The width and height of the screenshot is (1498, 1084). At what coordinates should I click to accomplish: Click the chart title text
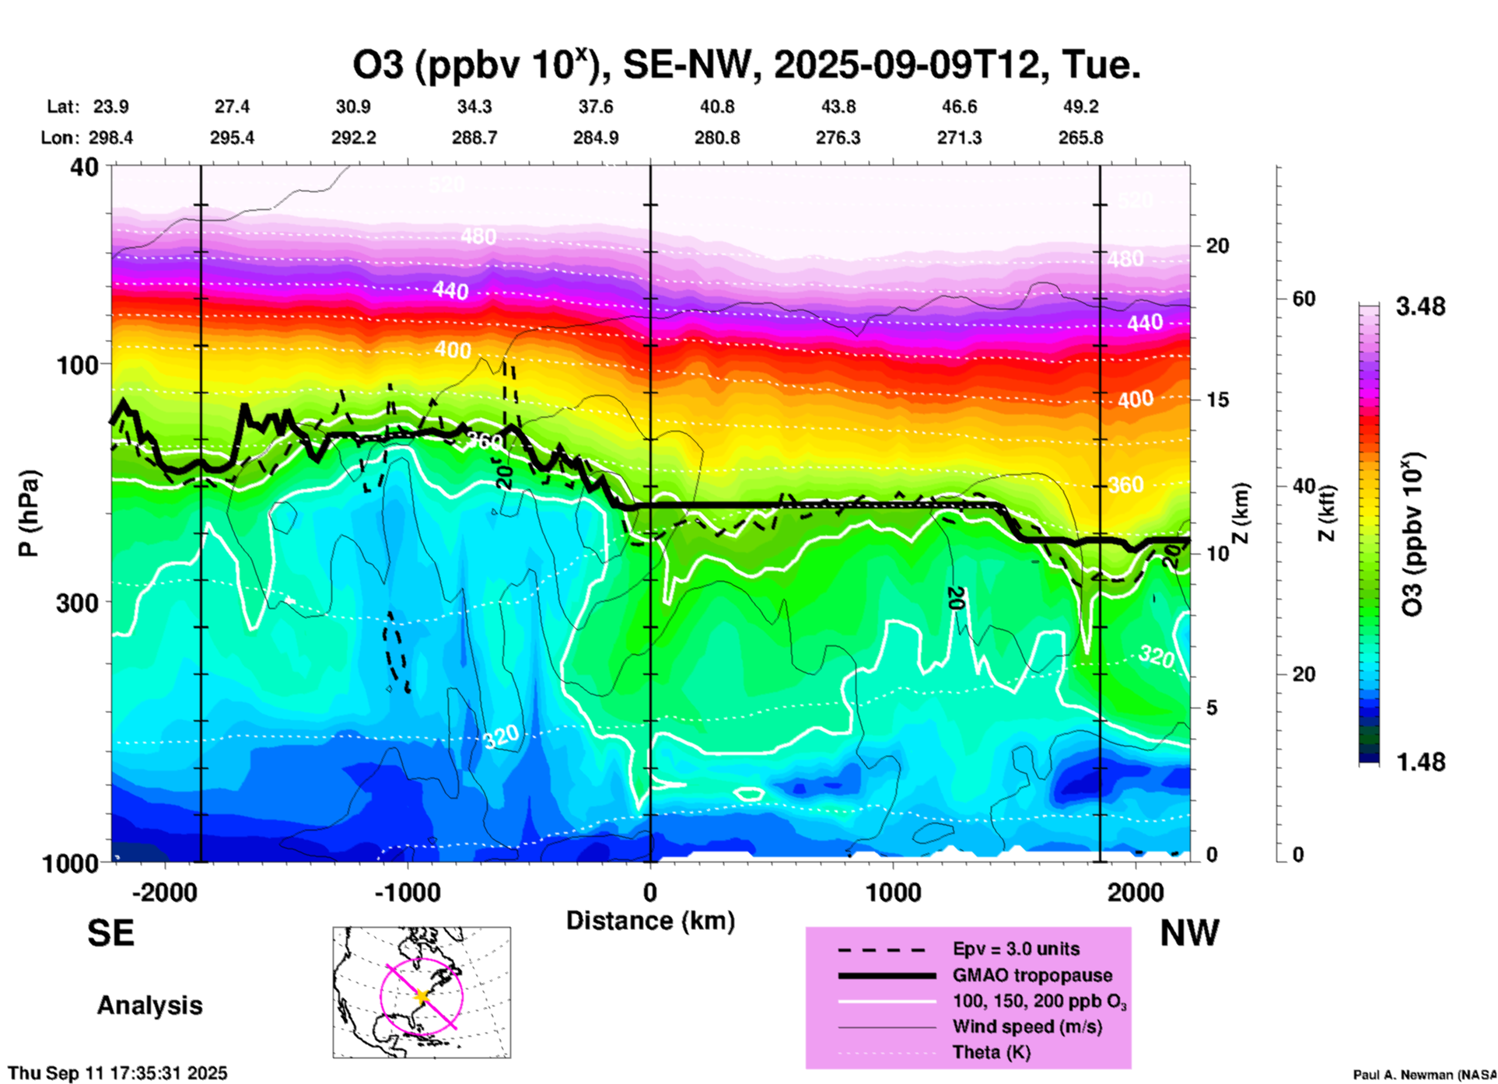point(747,65)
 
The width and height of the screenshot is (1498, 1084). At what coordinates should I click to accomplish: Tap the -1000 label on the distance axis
point(407,892)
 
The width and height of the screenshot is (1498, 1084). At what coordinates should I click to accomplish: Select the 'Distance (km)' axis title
point(650,921)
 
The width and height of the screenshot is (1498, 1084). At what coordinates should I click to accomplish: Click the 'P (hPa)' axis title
point(29,513)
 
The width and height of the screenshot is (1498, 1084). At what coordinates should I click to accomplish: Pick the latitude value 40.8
point(716,107)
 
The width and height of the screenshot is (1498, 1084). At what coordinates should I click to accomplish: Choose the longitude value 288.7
point(474,138)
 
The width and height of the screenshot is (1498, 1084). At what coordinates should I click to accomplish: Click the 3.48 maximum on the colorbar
point(1420,306)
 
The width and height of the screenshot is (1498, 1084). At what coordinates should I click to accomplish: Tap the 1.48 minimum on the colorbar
point(1420,761)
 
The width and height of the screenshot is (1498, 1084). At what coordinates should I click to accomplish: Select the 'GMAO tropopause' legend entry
point(1032,975)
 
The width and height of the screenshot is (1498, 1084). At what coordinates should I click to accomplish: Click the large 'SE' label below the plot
point(110,932)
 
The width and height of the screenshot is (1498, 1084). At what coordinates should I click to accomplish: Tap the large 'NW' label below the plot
point(1189,932)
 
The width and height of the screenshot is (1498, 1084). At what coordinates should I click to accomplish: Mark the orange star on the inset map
point(422,995)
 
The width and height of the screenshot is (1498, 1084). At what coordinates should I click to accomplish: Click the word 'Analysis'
point(149,1005)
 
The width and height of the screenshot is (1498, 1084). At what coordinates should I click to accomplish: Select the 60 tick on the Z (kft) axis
point(1304,299)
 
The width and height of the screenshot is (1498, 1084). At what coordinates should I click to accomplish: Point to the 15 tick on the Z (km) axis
point(1217,400)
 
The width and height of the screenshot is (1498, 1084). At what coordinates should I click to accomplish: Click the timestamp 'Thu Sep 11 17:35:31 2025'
point(117,1073)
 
